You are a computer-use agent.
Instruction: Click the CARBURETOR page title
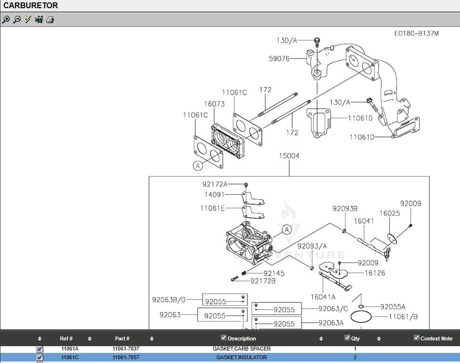click(31, 6)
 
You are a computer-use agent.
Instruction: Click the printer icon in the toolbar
click(50, 20)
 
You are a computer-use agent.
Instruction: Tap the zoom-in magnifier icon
click(6, 20)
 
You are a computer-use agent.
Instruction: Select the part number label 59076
click(279, 59)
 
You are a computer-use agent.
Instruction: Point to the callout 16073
click(214, 104)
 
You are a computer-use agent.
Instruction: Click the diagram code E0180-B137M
click(416, 33)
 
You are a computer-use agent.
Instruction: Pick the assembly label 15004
click(289, 156)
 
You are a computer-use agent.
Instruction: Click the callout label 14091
click(215, 195)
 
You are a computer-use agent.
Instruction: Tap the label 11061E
click(212, 208)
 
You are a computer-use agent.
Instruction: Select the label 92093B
click(345, 209)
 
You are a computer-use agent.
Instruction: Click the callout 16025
click(389, 213)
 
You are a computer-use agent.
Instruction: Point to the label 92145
click(274, 273)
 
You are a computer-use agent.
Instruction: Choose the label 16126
click(375, 273)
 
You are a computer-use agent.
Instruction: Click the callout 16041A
click(323, 297)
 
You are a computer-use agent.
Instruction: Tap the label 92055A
click(393, 307)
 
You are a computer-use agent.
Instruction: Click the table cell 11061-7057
click(126, 357)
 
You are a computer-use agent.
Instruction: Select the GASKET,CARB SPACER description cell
click(242, 349)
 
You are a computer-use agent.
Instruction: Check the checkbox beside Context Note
click(417, 338)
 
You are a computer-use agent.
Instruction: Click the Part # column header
click(122, 338)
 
